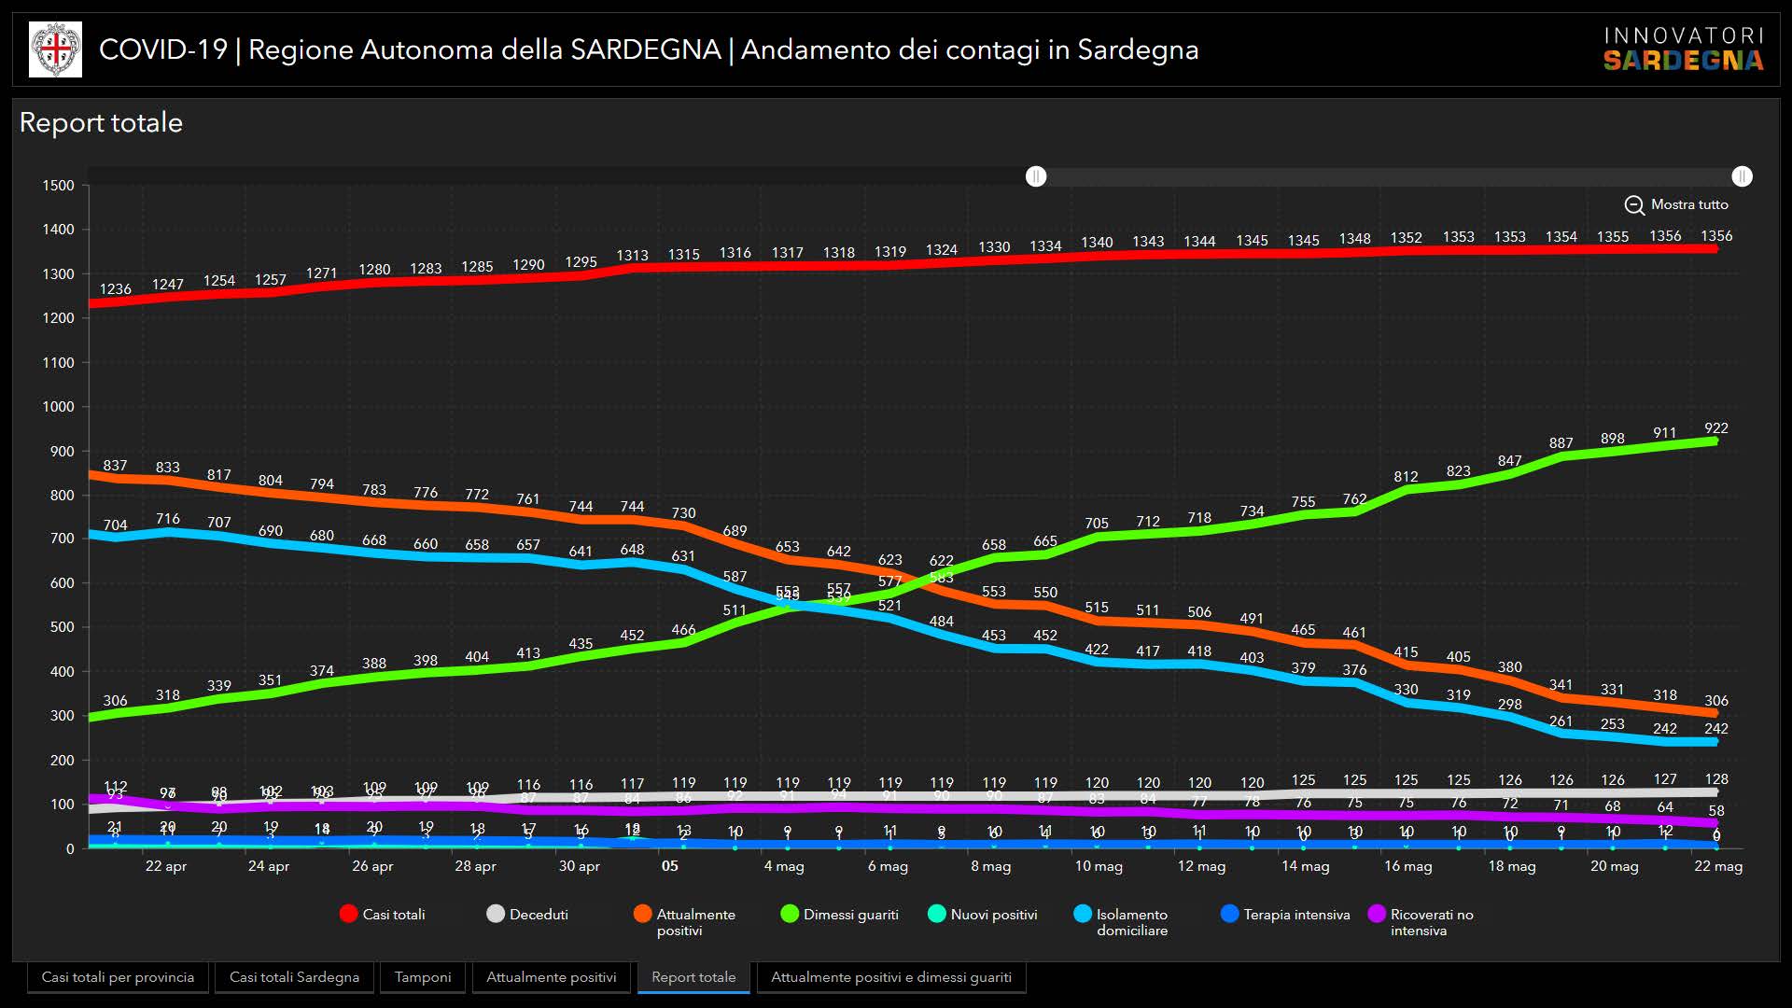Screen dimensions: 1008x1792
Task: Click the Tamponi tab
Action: (422, 977)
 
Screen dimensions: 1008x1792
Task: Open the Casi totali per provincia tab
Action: (118, 977)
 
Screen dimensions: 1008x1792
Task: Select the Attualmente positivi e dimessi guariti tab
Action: (890, 977)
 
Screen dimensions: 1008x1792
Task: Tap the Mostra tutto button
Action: (1677, 204)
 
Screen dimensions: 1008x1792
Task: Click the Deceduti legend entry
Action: (527, 915)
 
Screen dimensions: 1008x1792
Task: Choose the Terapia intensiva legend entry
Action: (1285, 915)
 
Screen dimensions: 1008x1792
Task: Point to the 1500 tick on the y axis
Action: (58, 186)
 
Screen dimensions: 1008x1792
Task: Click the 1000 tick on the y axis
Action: (58, 407)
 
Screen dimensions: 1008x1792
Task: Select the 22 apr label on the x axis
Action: (166, 866)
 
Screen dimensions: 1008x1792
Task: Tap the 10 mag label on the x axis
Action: (1099, 866)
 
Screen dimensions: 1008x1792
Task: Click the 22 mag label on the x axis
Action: (1718, 866)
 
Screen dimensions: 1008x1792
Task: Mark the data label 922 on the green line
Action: (1715, 428)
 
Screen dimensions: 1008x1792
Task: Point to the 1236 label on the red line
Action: (116, 289)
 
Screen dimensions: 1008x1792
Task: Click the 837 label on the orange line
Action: (116, 466)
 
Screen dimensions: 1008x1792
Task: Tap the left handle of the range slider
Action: (1036, 176)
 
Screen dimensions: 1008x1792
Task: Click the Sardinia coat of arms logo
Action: (56, 49)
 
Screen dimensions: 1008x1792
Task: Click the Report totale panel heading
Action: (101, 123)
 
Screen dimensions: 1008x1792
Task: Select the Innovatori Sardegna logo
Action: (1684, 49)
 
